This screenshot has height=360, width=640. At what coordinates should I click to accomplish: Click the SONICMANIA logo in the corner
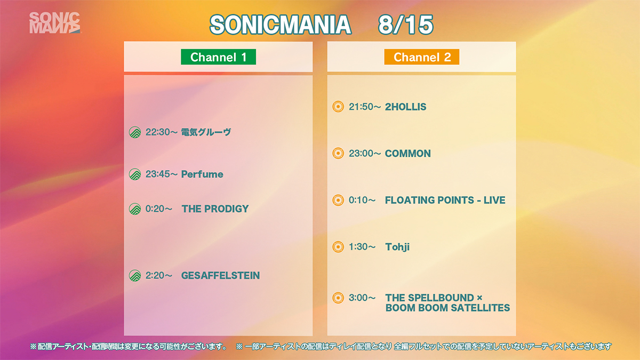click(54, 23)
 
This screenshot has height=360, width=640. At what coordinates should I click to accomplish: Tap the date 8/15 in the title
click(406, 25)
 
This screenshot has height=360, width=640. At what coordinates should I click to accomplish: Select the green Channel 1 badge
click(218, 57)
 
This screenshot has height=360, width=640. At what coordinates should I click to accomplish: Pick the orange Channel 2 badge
click(422, 57)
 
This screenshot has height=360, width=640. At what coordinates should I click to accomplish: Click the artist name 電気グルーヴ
click(206, 132)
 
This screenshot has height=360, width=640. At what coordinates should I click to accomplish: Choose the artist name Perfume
click(202, 174)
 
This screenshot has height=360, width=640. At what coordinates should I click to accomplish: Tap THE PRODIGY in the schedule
click(215, 209)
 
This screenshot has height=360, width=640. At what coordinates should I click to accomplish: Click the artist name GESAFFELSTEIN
click(221, 275)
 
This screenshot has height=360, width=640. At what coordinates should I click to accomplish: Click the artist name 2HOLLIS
click(406, 107)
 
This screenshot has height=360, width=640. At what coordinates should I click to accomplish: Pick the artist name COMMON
click(408, 154)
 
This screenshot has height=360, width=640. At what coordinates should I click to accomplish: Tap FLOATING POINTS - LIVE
click(445, 200)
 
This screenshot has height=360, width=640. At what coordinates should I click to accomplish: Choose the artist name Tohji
click(397, 247)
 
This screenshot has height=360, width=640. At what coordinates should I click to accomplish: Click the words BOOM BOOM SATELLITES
click(447, 308)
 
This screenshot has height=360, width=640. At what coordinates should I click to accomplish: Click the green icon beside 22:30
click(135, 132)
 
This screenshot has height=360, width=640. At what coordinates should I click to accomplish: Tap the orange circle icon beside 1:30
click(338, 247)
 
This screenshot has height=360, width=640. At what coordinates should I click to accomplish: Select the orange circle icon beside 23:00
click(338, 154)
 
